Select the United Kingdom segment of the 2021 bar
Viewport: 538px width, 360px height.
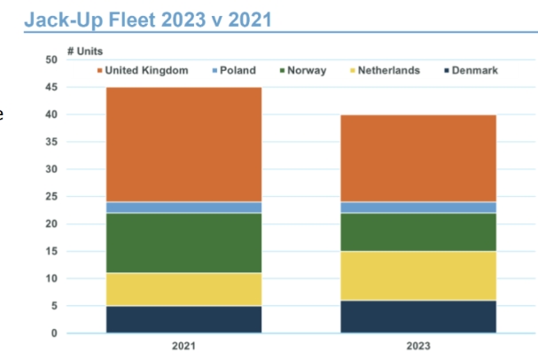pos(183,145)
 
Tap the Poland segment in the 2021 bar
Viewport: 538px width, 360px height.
pos(183,207)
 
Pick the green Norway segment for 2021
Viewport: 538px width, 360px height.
pos(183,243)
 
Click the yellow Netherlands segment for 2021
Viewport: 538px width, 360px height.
pos(183,289)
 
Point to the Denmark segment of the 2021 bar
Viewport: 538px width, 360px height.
pos(183,319)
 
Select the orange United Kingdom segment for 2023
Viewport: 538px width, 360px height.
pos(418,158)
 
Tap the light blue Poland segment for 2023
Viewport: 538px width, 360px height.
pos(418,207)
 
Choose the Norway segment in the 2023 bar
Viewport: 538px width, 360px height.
pos(418,232)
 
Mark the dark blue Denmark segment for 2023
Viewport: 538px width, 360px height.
pos(418,317)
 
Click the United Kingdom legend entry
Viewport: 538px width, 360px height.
pos(141,70)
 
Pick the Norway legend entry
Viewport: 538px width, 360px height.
pos(302,70)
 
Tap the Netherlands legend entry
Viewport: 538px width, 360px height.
pos(385,70)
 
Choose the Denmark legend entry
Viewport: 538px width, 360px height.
pos(473,70)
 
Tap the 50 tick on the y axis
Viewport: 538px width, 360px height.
pos(51,59)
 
